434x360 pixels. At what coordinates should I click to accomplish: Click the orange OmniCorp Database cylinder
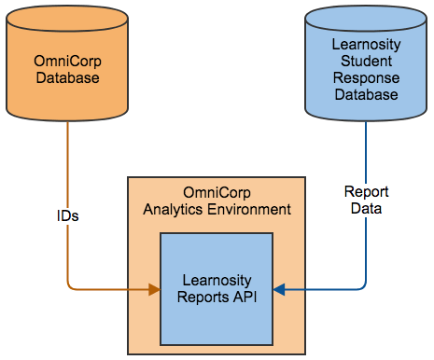67,71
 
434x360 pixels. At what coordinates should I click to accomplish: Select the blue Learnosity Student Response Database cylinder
365,71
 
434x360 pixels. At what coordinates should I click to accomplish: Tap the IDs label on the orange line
67,215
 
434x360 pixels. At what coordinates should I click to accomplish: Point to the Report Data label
366,201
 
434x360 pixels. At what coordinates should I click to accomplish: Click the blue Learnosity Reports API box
217,288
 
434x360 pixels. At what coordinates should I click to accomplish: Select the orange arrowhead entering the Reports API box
154,290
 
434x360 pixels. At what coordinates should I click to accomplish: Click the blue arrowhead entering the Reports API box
279,290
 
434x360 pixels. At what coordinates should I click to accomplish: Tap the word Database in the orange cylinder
67,78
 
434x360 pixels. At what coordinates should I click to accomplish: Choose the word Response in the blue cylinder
365,79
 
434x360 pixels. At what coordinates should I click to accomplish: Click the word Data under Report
366,209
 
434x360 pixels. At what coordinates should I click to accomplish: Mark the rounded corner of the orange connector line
71,286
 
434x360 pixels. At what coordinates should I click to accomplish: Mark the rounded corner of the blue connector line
362,286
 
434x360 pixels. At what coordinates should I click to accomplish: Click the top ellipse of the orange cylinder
67,18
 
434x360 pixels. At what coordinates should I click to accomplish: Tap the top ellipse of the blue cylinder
365,18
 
